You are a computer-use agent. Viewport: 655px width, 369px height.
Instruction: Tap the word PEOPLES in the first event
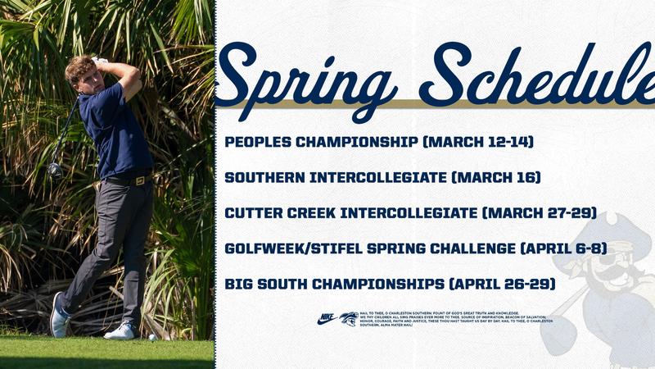pyautogui.click(x=260, y=142)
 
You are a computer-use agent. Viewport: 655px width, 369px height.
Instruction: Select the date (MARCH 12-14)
pyautogui.click(x=478, y=142)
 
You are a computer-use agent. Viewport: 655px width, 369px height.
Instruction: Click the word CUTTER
pyautogui.click(x=250, y=213)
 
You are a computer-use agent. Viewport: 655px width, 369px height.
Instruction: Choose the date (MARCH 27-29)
pyautogui.click(x=539, y=213)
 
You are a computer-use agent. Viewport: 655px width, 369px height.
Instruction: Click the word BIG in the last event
pyautogui.click(x=238, y=284)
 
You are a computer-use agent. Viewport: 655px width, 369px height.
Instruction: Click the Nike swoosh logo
pyautogui.click(x=327, y=319)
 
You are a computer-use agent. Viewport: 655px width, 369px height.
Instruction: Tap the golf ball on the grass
pyautogui.click(x=152, y=337)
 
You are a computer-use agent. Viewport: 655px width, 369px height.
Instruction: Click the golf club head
pyautogui.click(x=55, y=170)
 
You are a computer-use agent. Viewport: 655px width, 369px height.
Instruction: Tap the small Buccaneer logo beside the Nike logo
pyautogui.click(x=349, y=319)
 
